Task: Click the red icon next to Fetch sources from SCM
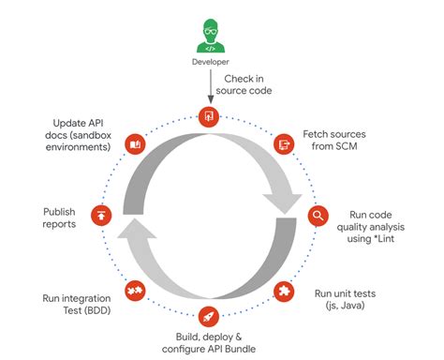[282, 143]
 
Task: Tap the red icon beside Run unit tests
[283, 290]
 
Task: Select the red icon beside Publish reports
[101, 217]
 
